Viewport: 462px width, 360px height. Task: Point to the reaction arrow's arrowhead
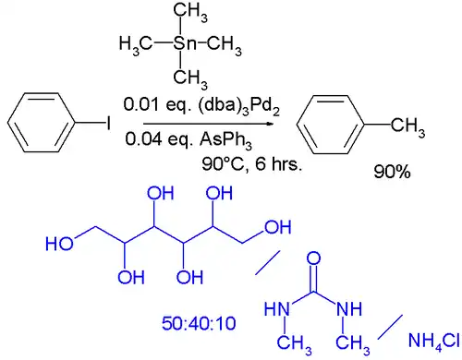271,123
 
